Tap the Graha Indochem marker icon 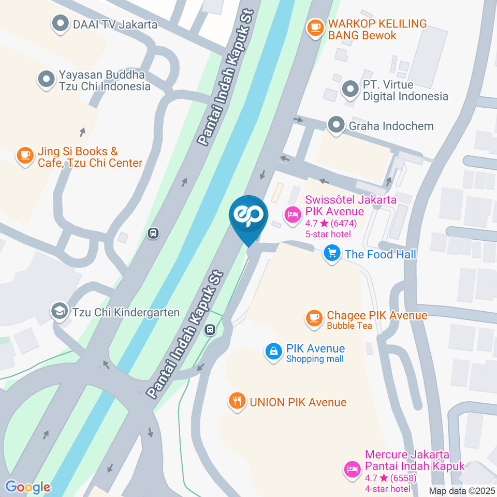pos(337,125)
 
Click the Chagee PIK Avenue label pos(377,315)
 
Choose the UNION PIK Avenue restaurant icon pos(237,401)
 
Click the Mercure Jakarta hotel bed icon pos(352,470)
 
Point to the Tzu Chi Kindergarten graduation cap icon pos(60,312)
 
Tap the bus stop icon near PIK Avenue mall pos(210,329)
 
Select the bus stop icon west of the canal pos(153,233)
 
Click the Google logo pos(28,487)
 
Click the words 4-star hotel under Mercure pos(388,489)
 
